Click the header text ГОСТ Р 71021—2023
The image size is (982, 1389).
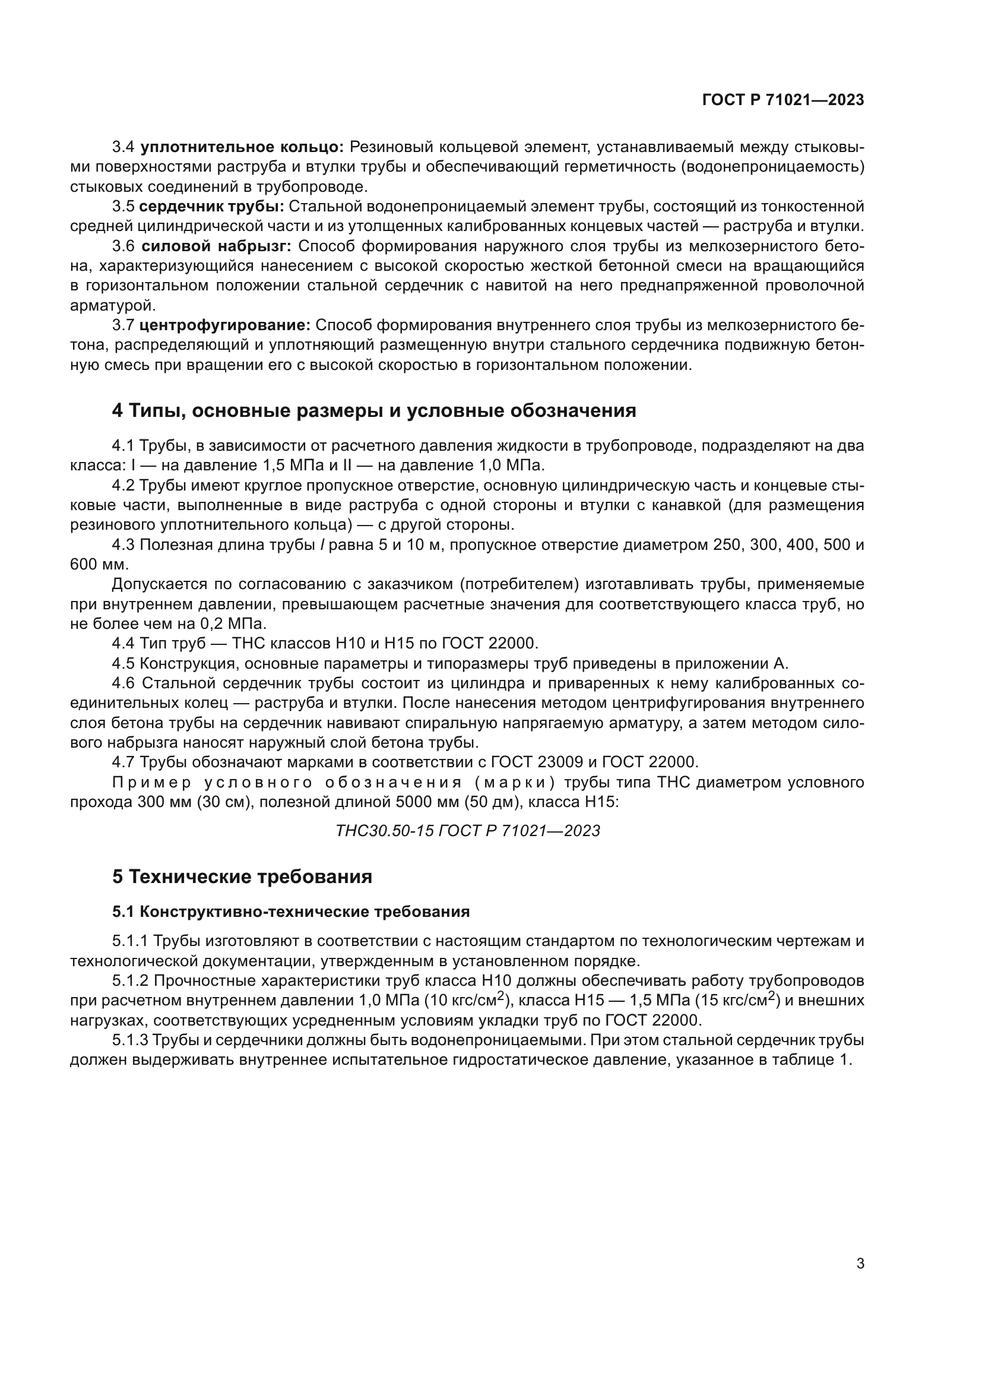coord(783,100)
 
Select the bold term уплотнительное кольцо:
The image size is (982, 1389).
coord(242,147)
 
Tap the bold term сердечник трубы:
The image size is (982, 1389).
coord(211,207)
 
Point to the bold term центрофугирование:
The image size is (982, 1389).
coord(224,325)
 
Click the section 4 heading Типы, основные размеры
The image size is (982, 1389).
coord(373,411)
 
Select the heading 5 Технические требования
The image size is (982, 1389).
coord(242,877)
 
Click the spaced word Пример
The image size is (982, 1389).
coord(152,782)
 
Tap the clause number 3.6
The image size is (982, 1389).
coord(123,246)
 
